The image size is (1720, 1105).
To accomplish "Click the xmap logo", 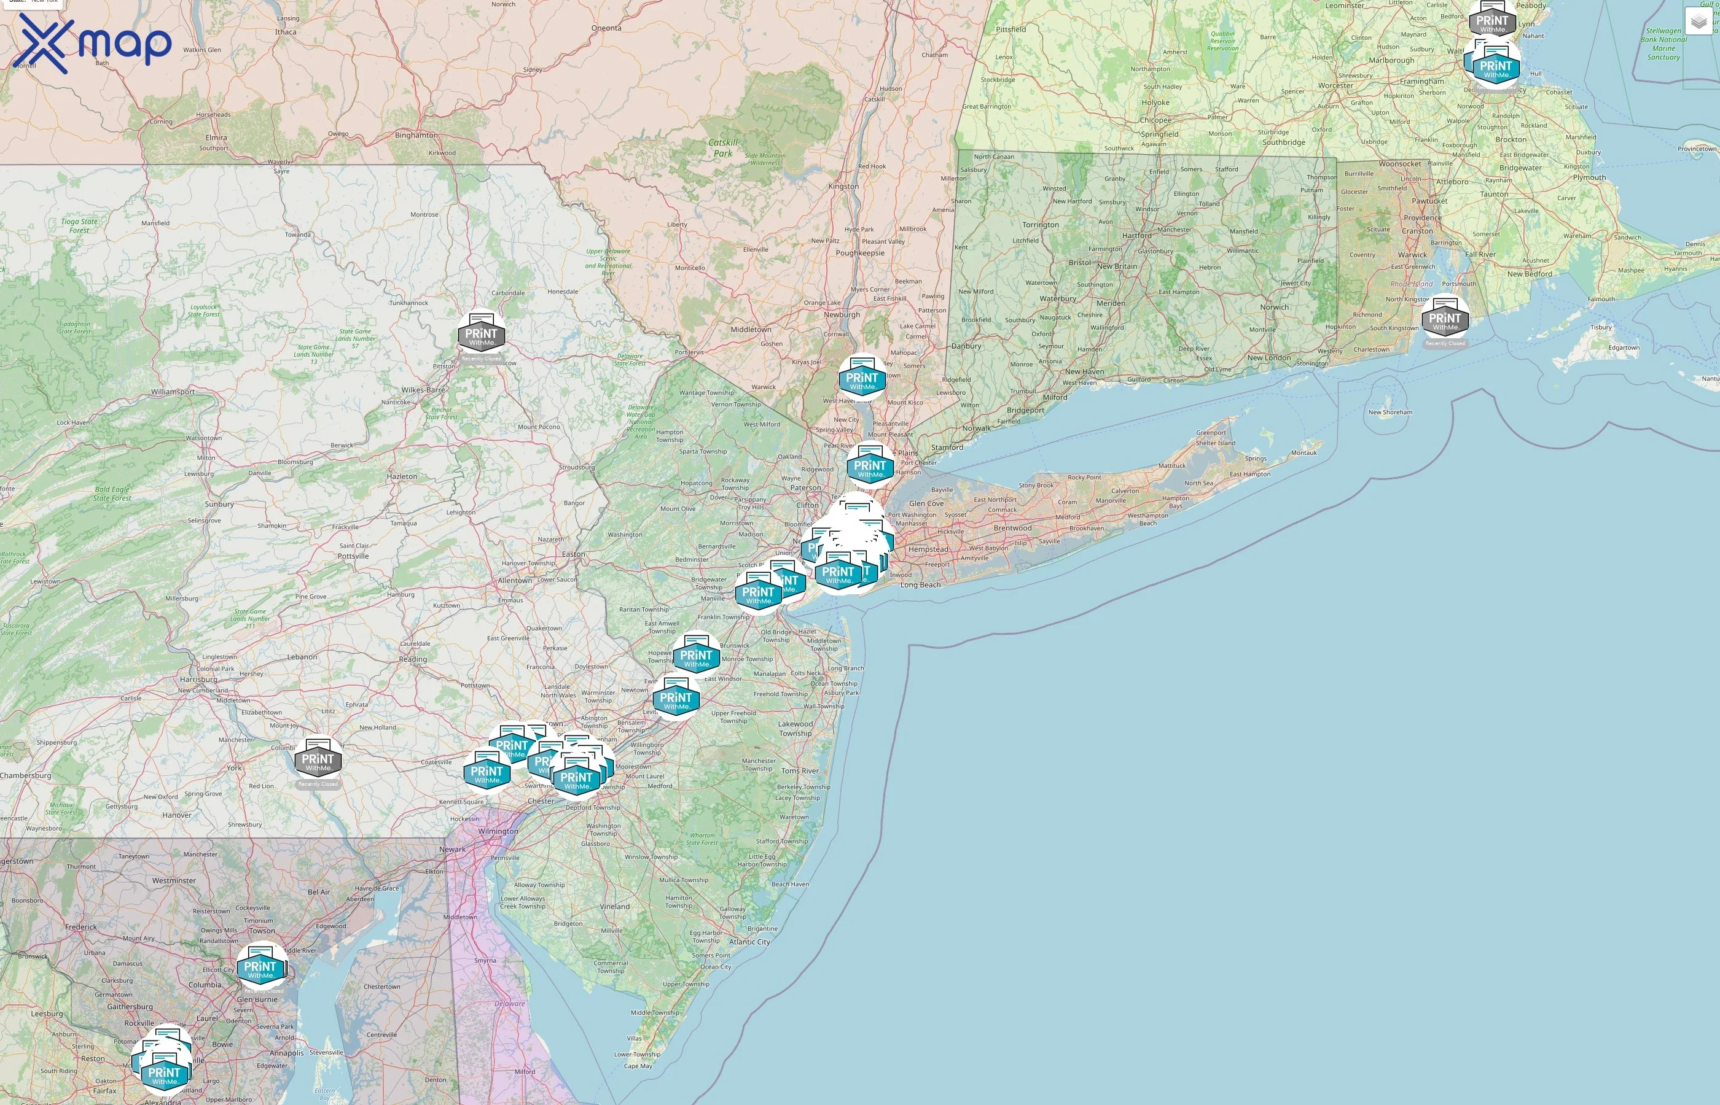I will click(93, 43).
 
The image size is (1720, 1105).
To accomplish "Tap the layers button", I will click(1698, 22).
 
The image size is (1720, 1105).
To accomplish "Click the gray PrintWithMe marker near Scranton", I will click(481, 335).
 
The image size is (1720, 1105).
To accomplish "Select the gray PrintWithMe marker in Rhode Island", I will click(1444, 319).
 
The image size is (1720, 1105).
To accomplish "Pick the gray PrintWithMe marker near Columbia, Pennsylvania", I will click(318, 760).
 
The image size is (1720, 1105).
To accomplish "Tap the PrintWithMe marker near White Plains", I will click(870, 467).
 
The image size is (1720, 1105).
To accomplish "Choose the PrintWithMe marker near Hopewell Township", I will click(695, 656).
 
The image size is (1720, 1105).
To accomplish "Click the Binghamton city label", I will click(416, 135).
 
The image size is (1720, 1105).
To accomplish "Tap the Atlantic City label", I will click(749, 942).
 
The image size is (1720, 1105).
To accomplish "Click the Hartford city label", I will click(1136, 235).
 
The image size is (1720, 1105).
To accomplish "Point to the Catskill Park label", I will click(723, 148).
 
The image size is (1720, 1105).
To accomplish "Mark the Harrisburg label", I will click(198, 680).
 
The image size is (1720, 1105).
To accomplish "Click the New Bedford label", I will click(1529, 274).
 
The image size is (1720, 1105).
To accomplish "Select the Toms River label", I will click(800, 770).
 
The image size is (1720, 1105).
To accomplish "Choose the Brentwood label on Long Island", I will click(1012, 528).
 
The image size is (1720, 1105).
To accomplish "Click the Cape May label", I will click(638, 1066).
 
